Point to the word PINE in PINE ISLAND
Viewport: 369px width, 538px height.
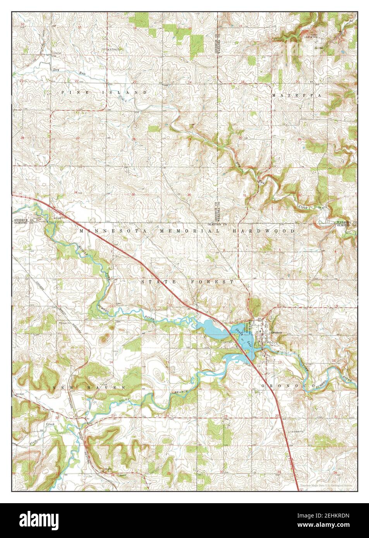click(x=70, y=93)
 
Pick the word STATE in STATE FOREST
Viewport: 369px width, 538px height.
click(x=154, y=282)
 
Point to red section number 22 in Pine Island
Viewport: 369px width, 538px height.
click(x=77, y=81)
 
